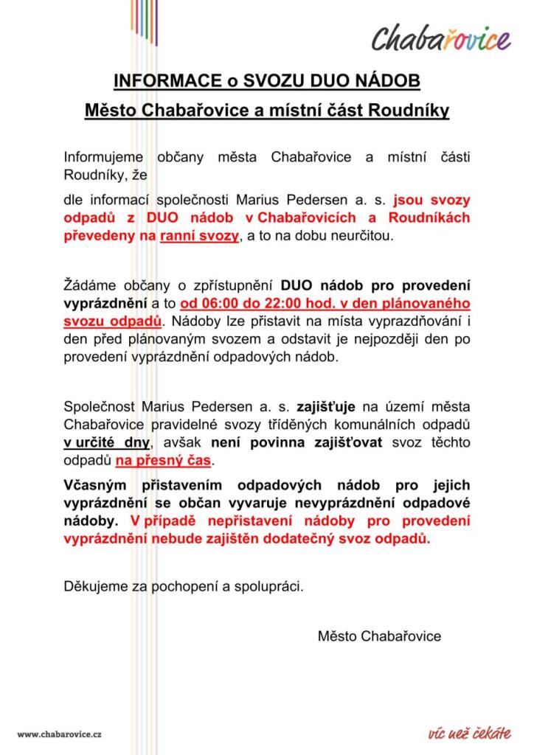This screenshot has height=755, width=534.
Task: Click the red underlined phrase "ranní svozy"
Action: [199, 236]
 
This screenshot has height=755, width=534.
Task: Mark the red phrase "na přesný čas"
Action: [163, 460]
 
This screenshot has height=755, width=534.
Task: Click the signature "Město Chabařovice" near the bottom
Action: [379, 636]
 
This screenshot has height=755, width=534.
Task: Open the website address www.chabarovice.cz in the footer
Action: [60, 734]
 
